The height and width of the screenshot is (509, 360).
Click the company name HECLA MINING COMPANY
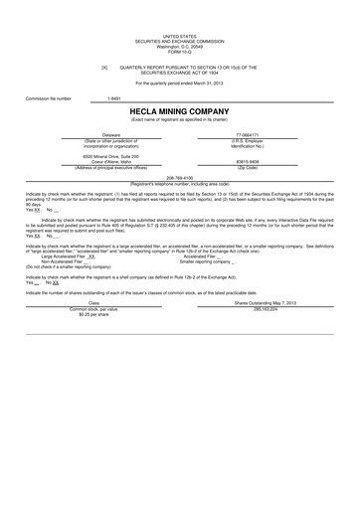tap(179, 110)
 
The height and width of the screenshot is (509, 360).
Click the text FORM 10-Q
tap(179, 52)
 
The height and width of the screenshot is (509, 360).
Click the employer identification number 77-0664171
tap(247, 133)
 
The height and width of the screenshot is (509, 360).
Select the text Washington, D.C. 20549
tap(179, 47)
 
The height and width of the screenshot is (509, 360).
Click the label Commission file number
tap(49, 98)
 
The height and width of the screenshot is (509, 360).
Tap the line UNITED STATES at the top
tap(179, 33)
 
